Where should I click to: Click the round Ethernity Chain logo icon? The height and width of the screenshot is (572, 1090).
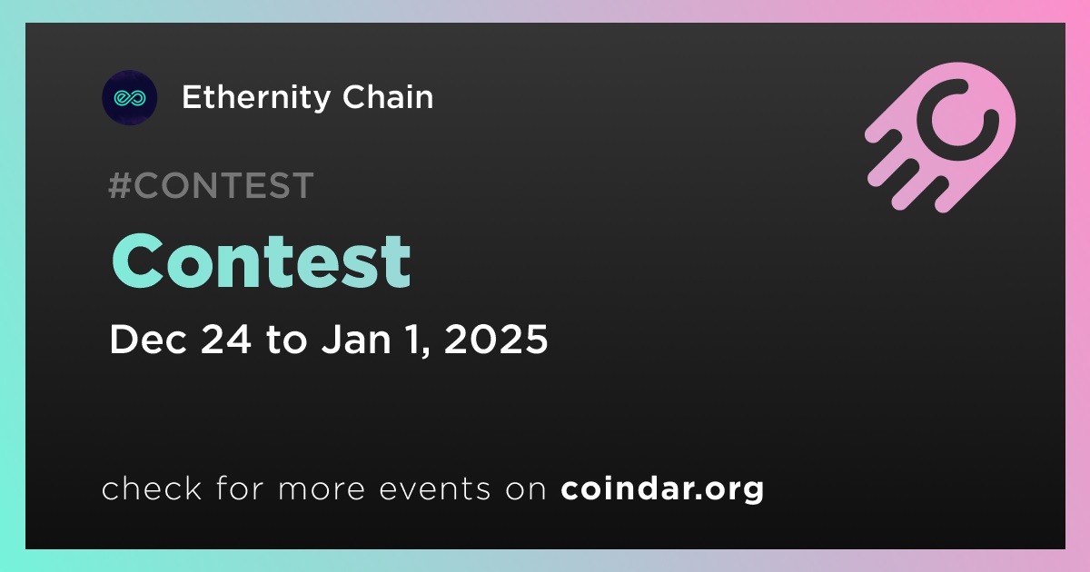point(129,98)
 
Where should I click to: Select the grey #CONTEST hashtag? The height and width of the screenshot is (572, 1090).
point(211,185)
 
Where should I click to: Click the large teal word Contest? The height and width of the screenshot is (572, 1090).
point(262,261)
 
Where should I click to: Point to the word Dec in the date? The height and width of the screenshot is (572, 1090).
point(148,339)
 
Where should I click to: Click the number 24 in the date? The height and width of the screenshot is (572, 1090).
point(226,339)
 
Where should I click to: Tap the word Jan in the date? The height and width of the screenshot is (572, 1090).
point(356,339)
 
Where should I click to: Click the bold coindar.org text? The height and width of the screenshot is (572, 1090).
point(662,489)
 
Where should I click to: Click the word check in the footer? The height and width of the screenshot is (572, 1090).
point(152,488)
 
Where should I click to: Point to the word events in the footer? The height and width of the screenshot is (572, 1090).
point(435,488)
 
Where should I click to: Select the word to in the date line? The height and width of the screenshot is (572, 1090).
point(287,340)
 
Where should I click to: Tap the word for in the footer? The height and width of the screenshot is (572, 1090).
point(240,488)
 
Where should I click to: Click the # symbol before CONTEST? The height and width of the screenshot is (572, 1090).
point(119,185)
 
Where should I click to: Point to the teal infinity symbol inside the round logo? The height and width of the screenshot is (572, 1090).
point(129,98)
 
